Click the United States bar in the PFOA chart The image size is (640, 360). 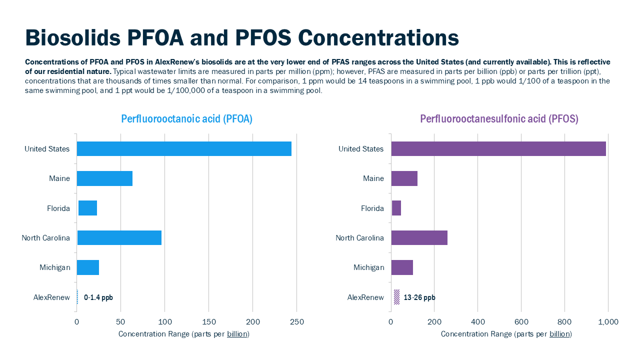(184, 149)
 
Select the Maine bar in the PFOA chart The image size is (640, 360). (104, 178)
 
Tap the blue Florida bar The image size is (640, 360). (87, 208)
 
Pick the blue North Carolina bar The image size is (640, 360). (119, 238)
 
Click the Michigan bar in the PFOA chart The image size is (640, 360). (88, 267)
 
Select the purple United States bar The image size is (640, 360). (498, 149)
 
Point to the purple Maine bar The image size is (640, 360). (404, 178)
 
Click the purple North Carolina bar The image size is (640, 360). (419, 238)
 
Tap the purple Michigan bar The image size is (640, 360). (402, 267)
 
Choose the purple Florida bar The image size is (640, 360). (396, 208)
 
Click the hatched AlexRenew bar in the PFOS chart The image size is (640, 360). (396, 297)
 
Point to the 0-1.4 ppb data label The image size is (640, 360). (98, 297)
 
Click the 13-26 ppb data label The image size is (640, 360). (419, 297)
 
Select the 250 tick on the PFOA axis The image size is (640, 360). (296, 322)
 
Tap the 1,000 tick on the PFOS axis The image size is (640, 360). (608, 322)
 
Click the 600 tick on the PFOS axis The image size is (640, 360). (521, 322)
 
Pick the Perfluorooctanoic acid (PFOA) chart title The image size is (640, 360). (186, 119)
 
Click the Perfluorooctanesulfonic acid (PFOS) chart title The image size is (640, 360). (499, 119)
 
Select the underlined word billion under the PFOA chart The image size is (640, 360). (237, 334)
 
